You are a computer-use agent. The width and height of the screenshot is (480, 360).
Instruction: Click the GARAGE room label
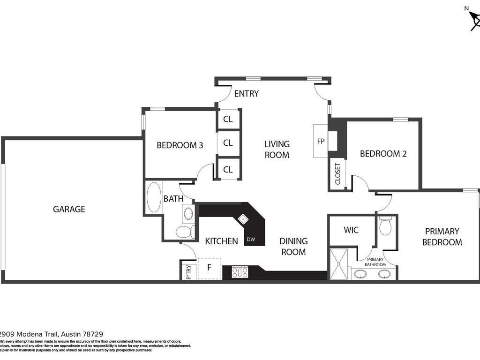[69, 209]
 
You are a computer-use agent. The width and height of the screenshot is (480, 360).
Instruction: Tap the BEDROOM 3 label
[180, 145]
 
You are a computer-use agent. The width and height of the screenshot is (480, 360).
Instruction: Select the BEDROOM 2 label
[383, 154]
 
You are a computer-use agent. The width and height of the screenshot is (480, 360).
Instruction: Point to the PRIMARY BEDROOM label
[442, 237]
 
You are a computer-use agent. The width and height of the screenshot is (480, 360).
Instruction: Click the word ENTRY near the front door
[246, 94]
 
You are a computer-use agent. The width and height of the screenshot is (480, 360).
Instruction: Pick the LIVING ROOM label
[277, 149]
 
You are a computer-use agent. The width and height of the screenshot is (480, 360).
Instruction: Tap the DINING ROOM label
[293, 246]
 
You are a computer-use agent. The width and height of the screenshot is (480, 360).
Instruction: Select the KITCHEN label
[221, 241]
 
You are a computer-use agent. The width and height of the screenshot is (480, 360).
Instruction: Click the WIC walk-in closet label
[351, 230]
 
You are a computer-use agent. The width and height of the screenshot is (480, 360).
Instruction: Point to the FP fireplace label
[321, 141]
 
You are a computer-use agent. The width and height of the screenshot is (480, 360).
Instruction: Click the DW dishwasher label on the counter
[251, 240]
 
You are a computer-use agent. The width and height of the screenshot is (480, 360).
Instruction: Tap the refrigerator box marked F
[209, 269]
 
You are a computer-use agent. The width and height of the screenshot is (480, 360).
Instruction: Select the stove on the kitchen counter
[240, 272]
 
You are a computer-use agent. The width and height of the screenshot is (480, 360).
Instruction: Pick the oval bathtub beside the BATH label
[154, 197]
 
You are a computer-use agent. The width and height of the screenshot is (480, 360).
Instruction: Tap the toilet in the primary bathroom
[385, 227]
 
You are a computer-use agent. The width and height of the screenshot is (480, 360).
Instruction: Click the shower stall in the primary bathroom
[339, 264]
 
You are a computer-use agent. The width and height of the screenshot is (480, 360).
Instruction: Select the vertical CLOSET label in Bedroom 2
[338, 174]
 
